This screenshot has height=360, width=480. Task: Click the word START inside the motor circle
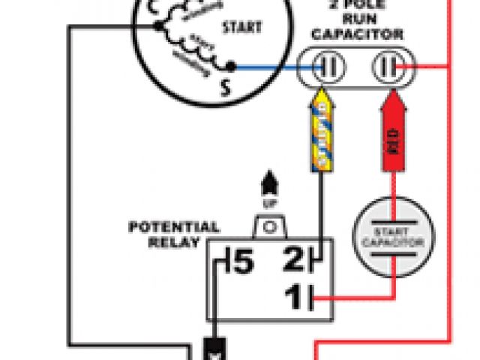241,28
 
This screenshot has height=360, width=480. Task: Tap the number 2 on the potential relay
292,262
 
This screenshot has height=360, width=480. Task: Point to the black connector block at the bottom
214,349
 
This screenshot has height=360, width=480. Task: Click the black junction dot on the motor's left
157,26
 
